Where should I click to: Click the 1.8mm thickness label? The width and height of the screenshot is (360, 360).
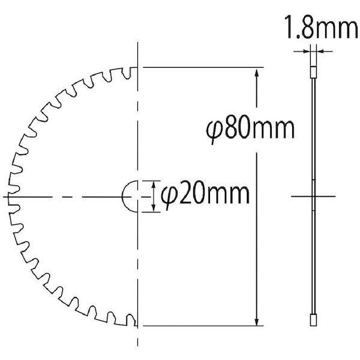[x=321, y=27]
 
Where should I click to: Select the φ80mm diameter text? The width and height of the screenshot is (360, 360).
[x=250, y=129]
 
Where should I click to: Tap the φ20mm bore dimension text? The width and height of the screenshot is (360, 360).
[x=205, y=195]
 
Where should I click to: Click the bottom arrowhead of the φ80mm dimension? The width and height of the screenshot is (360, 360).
[x=257, y=320]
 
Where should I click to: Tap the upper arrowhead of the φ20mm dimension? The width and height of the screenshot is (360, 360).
[x=154, y=185]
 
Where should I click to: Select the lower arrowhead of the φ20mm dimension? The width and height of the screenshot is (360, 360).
[x=154, y=208]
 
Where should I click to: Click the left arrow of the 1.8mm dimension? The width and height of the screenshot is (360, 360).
[x=302, y=52]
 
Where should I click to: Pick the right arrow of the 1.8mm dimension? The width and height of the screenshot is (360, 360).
[x=324, y=52]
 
